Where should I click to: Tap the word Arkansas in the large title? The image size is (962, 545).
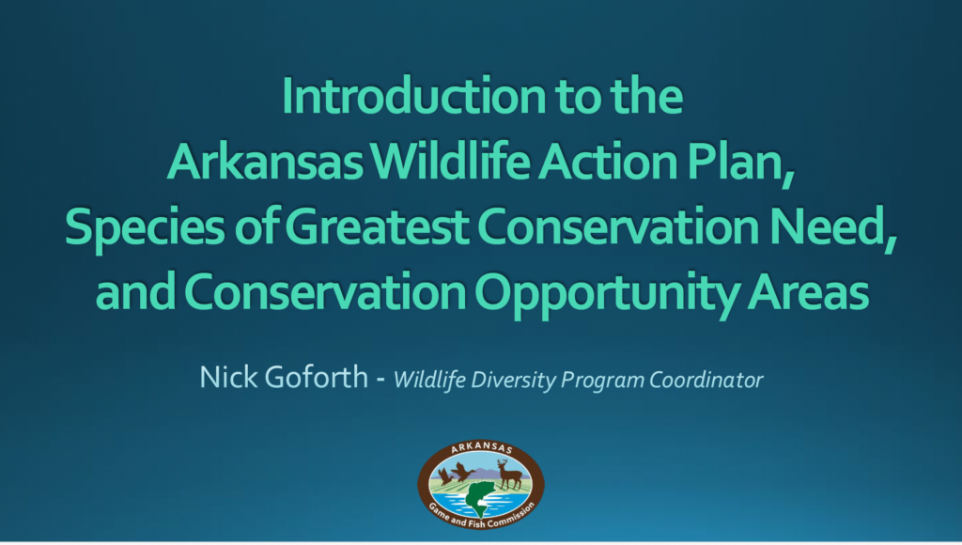(264, 161)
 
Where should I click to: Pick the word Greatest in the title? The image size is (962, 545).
(377, 226)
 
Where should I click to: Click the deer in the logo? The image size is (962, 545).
(509, 474)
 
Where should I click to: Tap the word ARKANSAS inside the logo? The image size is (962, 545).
(482, 448)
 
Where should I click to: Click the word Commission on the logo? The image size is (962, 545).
(513, 514)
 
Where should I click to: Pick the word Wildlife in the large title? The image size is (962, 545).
(451, 161)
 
